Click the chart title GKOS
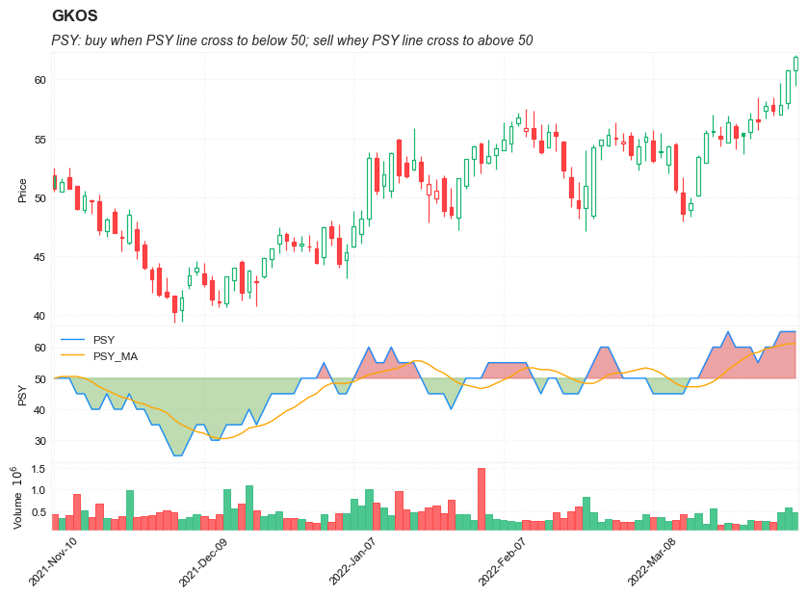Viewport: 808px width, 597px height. pyautogui.click(x=74, y=16)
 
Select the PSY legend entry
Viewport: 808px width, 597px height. pyautogui.click(x=104, y=340)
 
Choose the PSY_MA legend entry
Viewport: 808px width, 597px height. pyautogui.click(x=115, y=356)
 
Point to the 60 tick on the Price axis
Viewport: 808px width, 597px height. pyautogui.click(x=39, y=80)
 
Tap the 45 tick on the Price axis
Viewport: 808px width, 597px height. pyautogui.click(x=39, y=257)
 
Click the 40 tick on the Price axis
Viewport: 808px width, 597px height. pyautogui.click(x=39, y=316)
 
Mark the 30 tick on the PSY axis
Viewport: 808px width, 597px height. pyautogui.click(x=39, y=442)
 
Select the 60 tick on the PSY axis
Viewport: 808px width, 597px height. pyautogui.click(x=39, y=348)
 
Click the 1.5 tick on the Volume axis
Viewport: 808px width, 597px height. pyautogui.click(x=38, y=469)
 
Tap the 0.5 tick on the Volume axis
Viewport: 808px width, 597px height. pyautogui.click(x=38, y=512)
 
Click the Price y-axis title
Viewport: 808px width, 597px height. pyautogui.click(x=22, y=191)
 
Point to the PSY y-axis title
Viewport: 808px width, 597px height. pyautogui.click(x=22, y=395)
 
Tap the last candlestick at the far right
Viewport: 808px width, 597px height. pyautogui.click(x=796, y=64)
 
